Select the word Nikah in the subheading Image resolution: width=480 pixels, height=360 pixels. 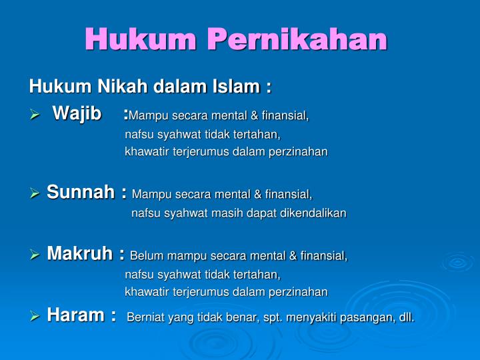tap(125, 87)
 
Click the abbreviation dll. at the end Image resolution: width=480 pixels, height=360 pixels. tap(405, 317)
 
